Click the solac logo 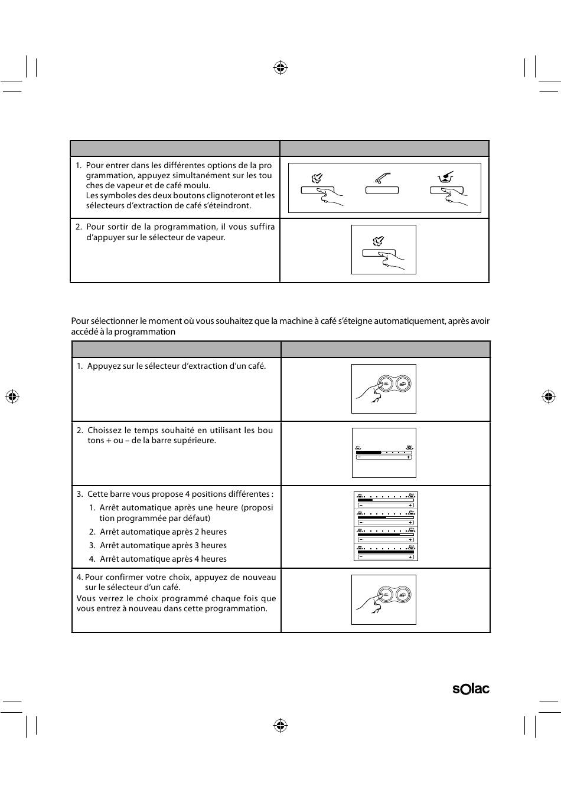point(471,689)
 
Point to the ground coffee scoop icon point(446,176)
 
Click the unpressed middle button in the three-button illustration point(382,191)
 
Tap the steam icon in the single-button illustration point(379,241)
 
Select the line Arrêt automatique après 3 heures point(163,545)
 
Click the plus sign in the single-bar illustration point(409,457)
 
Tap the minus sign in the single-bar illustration point(360,457)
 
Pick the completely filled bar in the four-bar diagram point(386,552)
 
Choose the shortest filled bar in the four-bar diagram point(365,500)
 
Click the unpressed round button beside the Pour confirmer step point(403,594)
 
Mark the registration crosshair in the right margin point(549,396)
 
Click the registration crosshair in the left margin point(12,396)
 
